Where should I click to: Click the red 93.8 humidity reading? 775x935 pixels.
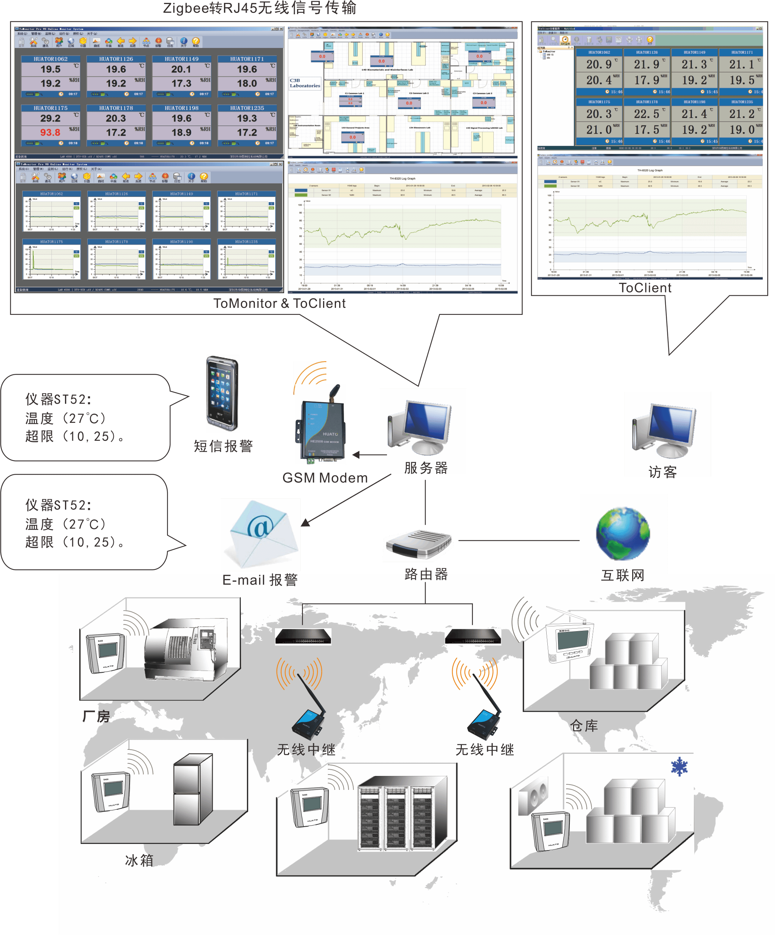pos(50,132)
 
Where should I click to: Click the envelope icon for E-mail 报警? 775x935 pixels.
pos(260,534)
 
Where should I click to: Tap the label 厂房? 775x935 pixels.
pos(96,716)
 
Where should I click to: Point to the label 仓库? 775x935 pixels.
pos(584,726)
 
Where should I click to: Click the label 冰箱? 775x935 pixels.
pos(139,861)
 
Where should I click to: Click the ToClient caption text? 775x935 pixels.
pos(645,288)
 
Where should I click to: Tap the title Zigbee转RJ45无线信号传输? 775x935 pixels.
pos(260,8)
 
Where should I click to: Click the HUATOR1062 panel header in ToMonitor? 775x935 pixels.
pos(51,59)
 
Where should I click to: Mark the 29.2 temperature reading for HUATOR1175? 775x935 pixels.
pos(50,118)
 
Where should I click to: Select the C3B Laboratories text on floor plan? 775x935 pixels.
pos(305,83)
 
